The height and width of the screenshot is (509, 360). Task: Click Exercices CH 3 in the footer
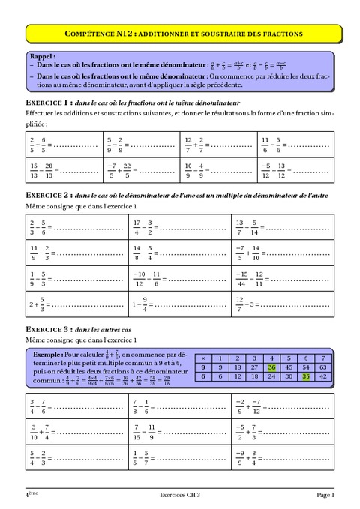pos(181,494)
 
